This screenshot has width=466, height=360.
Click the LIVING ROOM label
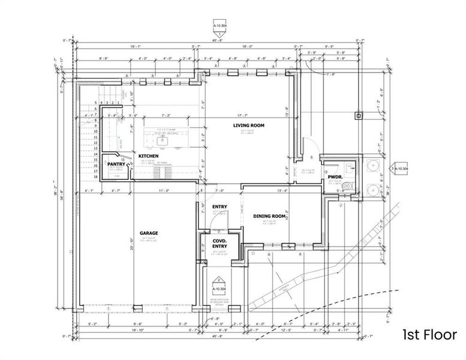tap(249, 125)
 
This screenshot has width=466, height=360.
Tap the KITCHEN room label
tap(148, 156)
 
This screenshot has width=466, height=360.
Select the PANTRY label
tap(116, 163)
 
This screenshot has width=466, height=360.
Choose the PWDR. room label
tap(335, 177)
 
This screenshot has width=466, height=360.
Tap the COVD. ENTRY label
tap(219, 243)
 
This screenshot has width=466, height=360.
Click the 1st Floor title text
tap(429, 335)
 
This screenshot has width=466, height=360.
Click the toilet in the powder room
tap(344, 187)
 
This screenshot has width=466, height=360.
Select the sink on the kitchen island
tap(161, 142)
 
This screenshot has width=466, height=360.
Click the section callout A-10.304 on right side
tap(399, 170)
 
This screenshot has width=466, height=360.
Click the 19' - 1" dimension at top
tap(136, 46)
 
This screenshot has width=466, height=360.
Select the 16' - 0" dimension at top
tap(247, 46)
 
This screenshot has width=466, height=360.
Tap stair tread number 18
tap(95, 178)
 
